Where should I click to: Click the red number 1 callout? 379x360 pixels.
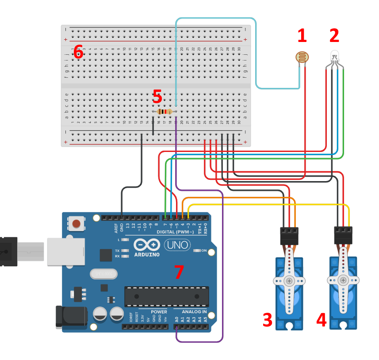click(302, 36)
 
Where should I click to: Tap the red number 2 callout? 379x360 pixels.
click(334, 35)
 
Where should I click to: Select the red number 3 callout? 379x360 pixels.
click(268, 320)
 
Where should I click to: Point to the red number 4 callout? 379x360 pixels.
click(321, 320)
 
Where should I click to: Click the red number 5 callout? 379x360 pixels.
click(157, 96)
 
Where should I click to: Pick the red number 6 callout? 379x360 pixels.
click(78, 52)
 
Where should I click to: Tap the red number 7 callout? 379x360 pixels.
click(178, 272)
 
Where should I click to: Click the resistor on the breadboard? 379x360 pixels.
click(165, 112)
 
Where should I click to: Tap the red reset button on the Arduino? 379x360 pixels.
click(77, 224)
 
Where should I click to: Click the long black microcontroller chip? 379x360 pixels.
click(166, 296)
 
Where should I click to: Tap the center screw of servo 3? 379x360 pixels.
click(289, 281)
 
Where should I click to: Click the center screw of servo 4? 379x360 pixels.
click(343, 280)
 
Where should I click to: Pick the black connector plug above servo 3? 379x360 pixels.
click(289, 235)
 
